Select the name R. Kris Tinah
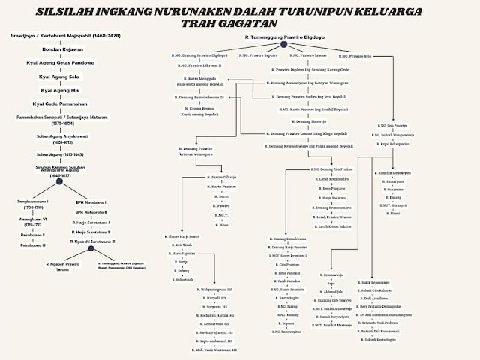tap(182, 244)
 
